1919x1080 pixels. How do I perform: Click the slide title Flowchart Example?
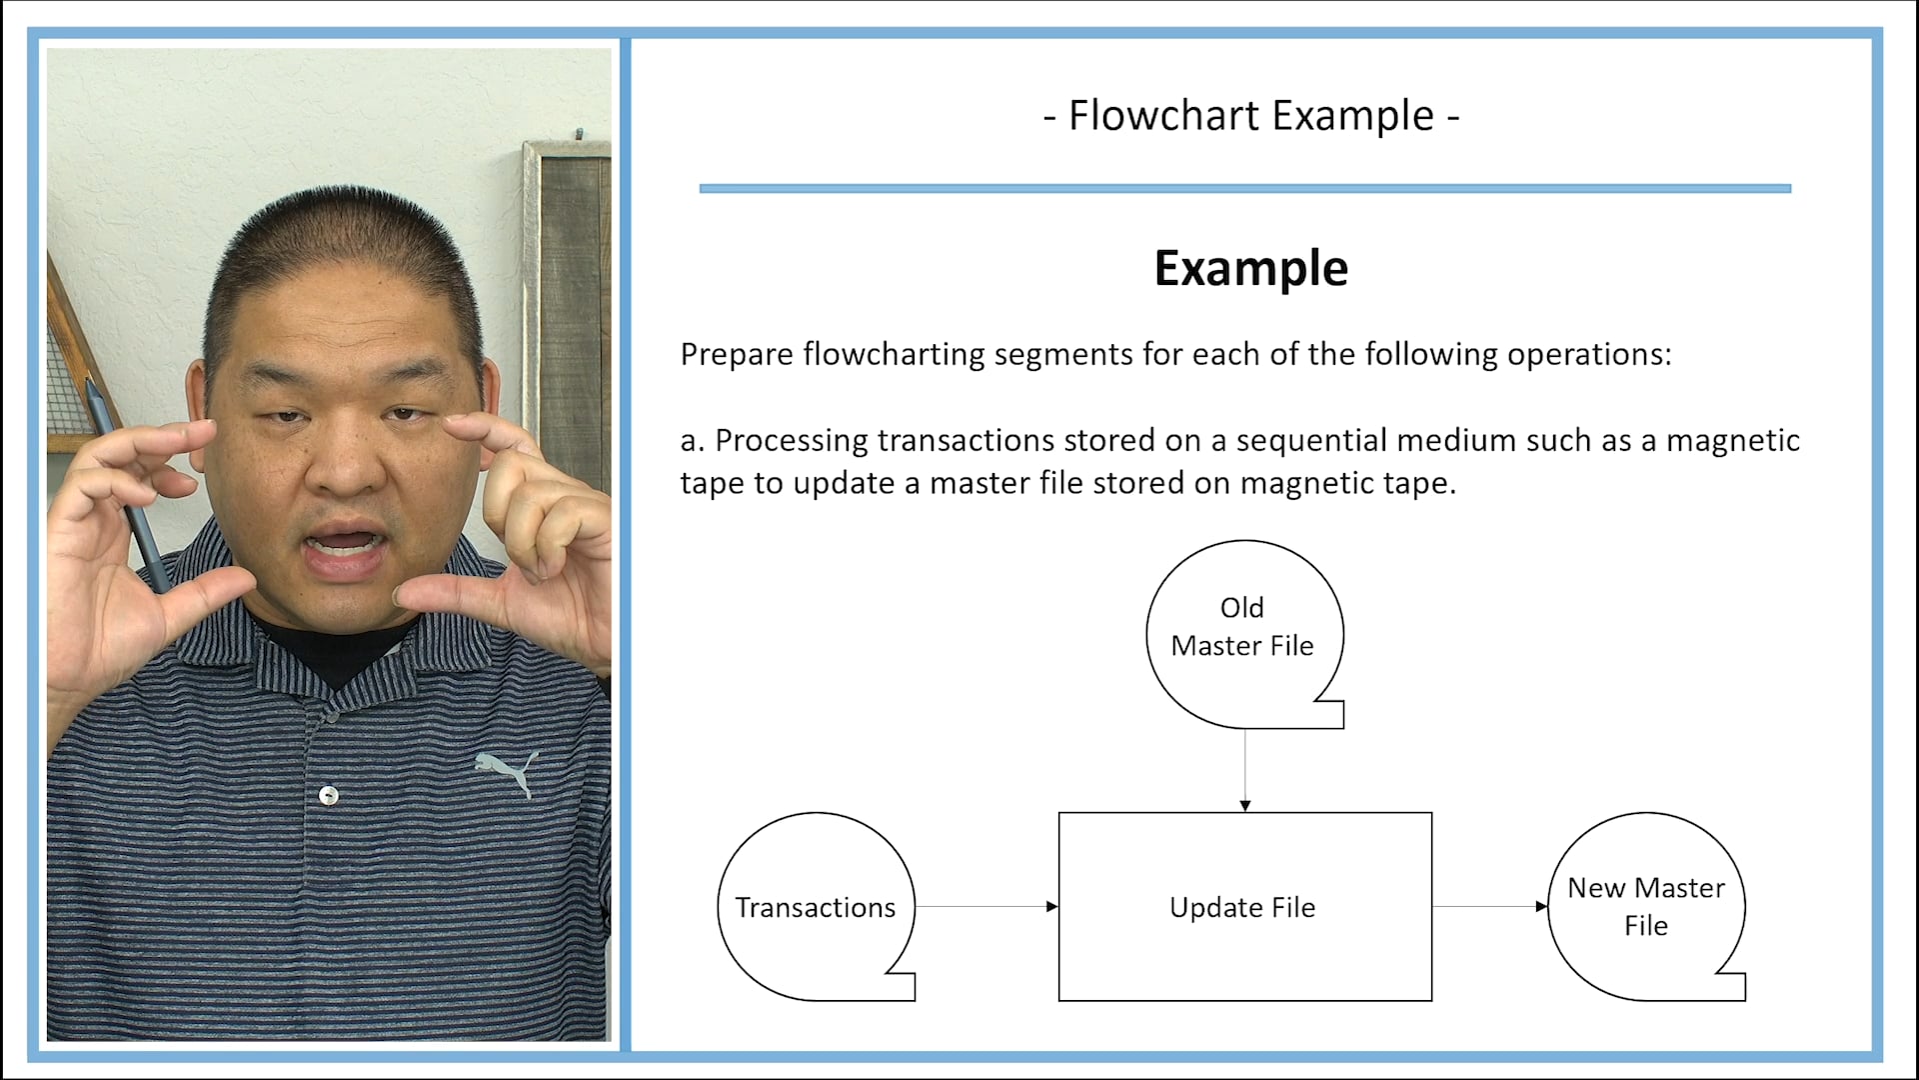[x=1250, y=116]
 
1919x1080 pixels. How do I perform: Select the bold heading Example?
[x=1250, y=268]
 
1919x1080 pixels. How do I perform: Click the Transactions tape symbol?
[x=816, y=906]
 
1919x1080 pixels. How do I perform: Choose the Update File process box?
[x=1244, y=906]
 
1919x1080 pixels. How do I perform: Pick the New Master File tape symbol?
[x=1645, y=906]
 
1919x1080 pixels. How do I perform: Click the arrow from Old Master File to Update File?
[x=1244, y=769]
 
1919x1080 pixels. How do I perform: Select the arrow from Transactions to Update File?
[x=986, y=906]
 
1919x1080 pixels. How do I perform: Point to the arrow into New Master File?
[x=1489, y=906]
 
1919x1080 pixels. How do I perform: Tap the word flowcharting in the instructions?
[x=894, y=355]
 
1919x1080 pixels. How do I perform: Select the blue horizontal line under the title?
[x=1244, y=188]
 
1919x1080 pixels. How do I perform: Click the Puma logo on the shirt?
[x=508, y=772]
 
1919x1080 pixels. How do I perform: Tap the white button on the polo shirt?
[x=328, y=795]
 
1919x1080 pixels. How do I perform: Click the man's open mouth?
[x=343, y=546]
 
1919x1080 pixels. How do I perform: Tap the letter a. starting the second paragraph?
[x=692, y=441]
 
